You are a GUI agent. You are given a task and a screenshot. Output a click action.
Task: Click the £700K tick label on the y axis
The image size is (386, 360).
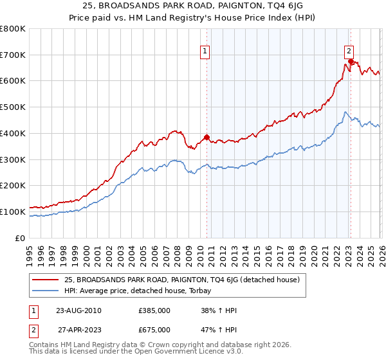[12, 55]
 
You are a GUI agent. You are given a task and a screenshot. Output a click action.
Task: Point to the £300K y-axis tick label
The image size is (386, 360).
[12, 159]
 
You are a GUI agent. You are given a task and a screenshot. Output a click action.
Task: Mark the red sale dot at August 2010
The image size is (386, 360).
[207, 137]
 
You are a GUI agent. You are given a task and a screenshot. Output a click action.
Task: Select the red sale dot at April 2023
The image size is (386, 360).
[351, 61]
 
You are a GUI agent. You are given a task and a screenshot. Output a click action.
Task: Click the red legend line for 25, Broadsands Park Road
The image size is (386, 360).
[46, 280]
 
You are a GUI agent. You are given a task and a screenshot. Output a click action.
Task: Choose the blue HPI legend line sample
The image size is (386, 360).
[46, 290]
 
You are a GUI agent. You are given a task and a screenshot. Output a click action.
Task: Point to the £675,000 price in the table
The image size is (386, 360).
[154, 329]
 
